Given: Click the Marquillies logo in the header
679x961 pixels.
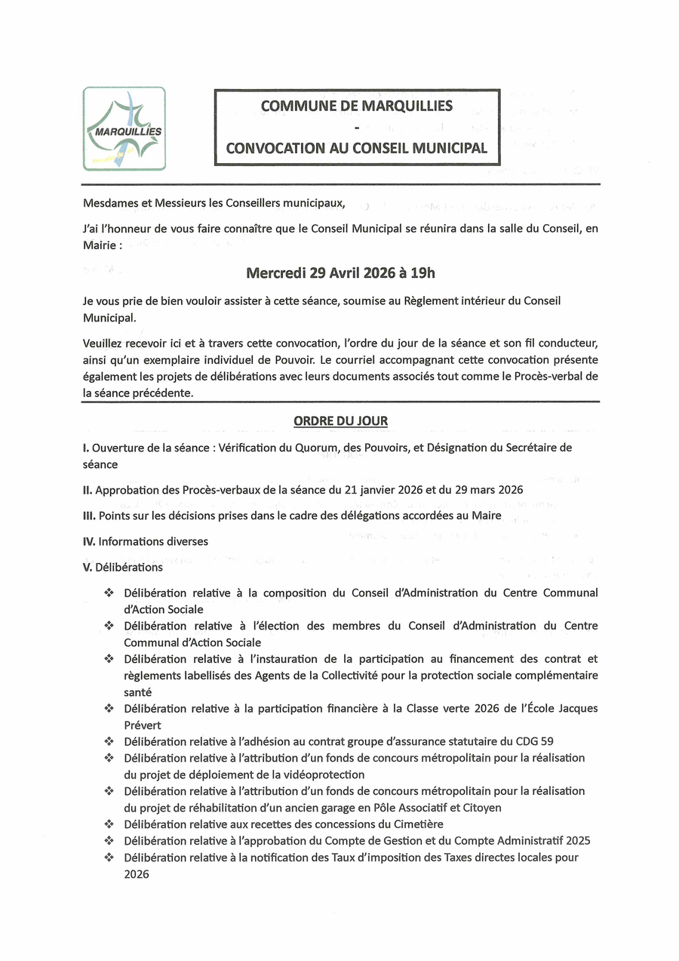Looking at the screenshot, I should (x=124, y=128).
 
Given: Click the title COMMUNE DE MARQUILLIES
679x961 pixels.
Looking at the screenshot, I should (x=357, y=106).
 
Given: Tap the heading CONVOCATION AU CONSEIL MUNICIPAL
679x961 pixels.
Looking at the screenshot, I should (x=357, y=149).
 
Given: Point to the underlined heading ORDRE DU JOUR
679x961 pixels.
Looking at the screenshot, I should (x=341, y=420).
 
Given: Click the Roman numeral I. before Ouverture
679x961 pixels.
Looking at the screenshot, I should (x=85, y=448).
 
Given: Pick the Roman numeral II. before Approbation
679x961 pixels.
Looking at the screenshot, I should (x=88, y=490).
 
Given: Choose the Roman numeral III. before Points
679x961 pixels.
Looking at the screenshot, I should (x=89, y=516).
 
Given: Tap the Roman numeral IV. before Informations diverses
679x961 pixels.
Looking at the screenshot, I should (x=89, y=541).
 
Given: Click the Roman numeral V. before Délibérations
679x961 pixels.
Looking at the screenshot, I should (x=88, y=567).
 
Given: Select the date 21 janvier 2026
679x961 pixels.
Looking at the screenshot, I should (x=386, y=490).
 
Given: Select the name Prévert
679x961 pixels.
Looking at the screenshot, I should (x=143, y=725).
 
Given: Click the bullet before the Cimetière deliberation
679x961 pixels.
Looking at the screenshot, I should (x=109, y=824).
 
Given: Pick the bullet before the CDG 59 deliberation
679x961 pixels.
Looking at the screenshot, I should (x=109, y=741).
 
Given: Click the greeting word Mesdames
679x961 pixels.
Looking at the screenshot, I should (x=110, y=203).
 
